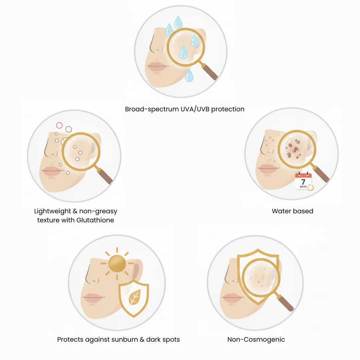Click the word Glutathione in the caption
[x=95, y=220]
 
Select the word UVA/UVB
[x=195, y=109]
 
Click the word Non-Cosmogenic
[x=256, y=340]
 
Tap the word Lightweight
[x=53, y=211]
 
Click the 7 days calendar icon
[x=304, y=181]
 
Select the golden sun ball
[x=117, y=264]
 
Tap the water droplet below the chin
[x=189, y=75]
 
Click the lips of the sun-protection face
[x=93, y=297]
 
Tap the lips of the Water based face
[x=268, y=169]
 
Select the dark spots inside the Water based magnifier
[x=293, y=149]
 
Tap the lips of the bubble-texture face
[x=52, y=171]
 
